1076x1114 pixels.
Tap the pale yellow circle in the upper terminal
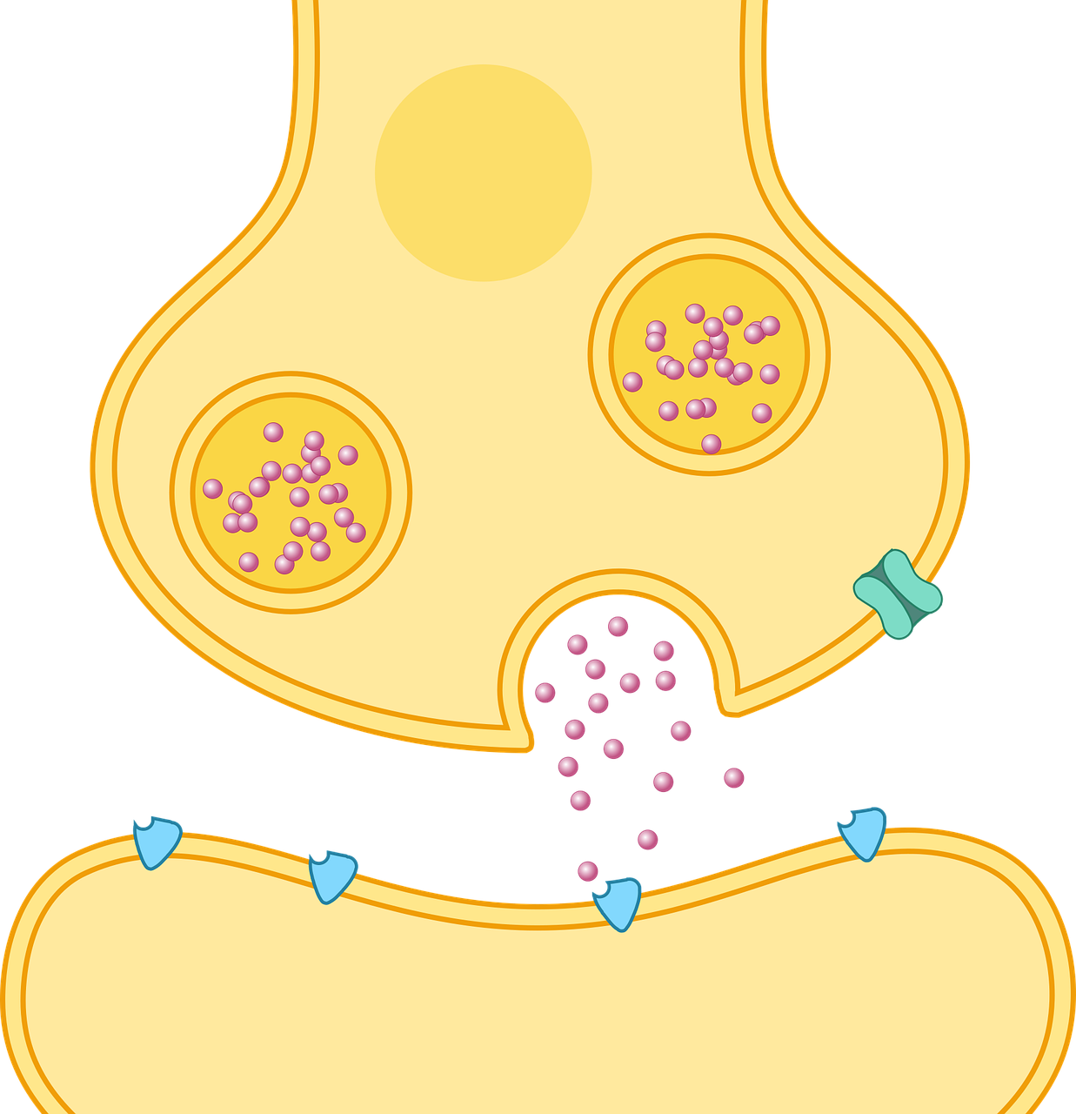click(x=483, y=172)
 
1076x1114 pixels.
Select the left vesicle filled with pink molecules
click(x=291, y=493)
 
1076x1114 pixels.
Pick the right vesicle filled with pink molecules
click(x=709, y=354)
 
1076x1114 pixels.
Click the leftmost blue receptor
click(x=157, y=842)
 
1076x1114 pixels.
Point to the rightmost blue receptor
click(x=863, y=831)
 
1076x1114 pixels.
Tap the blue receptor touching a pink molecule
click(x=618, y=903)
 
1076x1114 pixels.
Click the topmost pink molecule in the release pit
click(x=618, y=626)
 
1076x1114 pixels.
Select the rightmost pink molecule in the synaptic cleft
click(x=733, y=777)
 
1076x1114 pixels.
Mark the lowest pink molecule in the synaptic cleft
click(x=587, y=870)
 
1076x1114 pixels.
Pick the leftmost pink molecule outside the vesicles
click(x=545, y=693)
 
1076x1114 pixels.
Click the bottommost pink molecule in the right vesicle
click(x=711, y=444)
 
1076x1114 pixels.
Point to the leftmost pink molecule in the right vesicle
click(x=632, y=381)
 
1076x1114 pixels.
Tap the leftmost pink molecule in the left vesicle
click(x=212, y=488)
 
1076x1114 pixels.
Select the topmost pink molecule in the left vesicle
click(x=273, y=431)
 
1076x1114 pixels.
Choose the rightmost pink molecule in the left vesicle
click(x=356, y=532)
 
